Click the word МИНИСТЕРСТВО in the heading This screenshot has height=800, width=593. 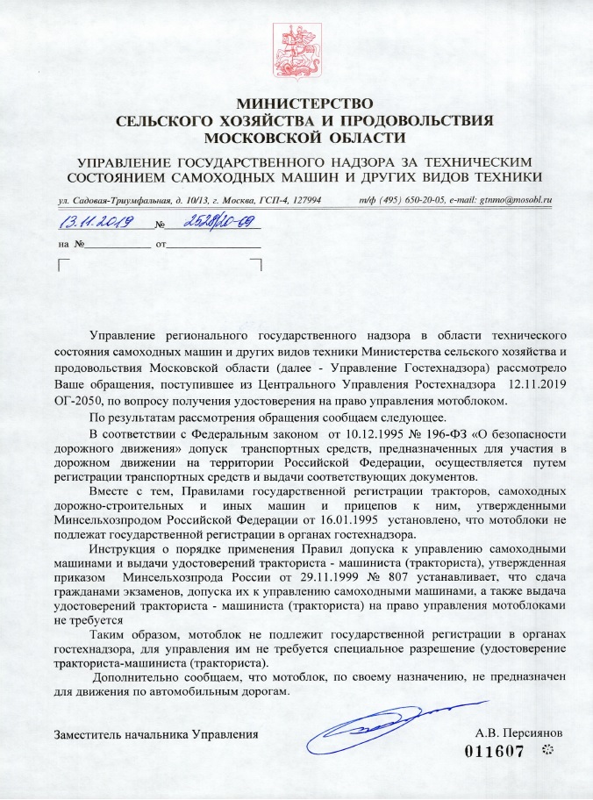(297, 104)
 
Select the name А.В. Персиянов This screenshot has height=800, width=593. (512, 731)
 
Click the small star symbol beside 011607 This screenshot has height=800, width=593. (549, 750)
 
